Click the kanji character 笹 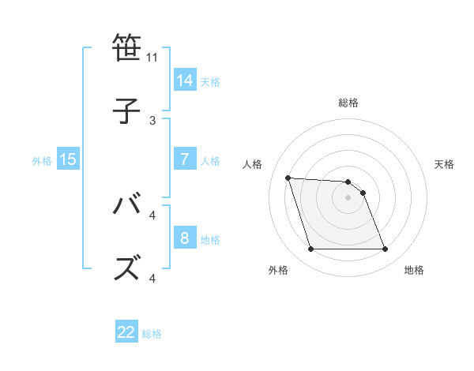[x=129, y=48]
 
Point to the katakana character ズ [x=129, y=268]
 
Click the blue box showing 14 [x=185, y=81]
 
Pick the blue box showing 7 [x=185, y=159]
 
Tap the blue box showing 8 [x=185, y=238]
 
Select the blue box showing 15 [x=68, y=159]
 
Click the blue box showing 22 [x=126, y=332]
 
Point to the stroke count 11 [x=152, y=58]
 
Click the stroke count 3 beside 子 [x=152, y=120]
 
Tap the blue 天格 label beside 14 [x=210, y=81]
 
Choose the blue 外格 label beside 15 [x=42, y=160]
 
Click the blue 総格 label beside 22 [x=152, y=333]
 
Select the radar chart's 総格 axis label [x=348, y=103]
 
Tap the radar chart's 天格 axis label [x=444, y=164]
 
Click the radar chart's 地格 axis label [x=414, y=270]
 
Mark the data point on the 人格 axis [x=288, y=178]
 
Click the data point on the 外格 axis [x=310, y=249]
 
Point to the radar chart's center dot [x=348, y=197]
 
